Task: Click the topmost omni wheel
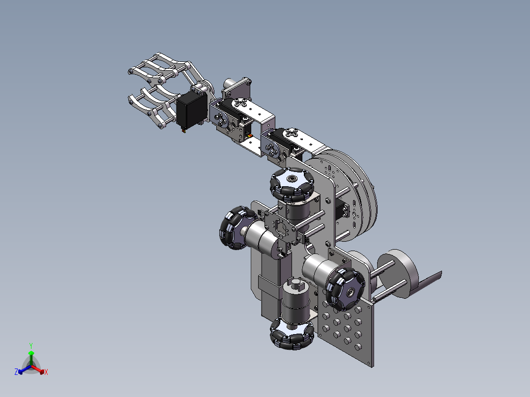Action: coord(292,184)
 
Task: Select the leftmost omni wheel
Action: coord(236,227)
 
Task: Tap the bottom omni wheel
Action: coord(292,334)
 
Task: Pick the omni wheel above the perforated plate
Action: coord(345,289)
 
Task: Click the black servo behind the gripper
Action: coord(191,110)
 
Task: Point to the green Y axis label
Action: coord(31,345)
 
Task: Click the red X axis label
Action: coord(46,372)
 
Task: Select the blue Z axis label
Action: coord(16,372)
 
